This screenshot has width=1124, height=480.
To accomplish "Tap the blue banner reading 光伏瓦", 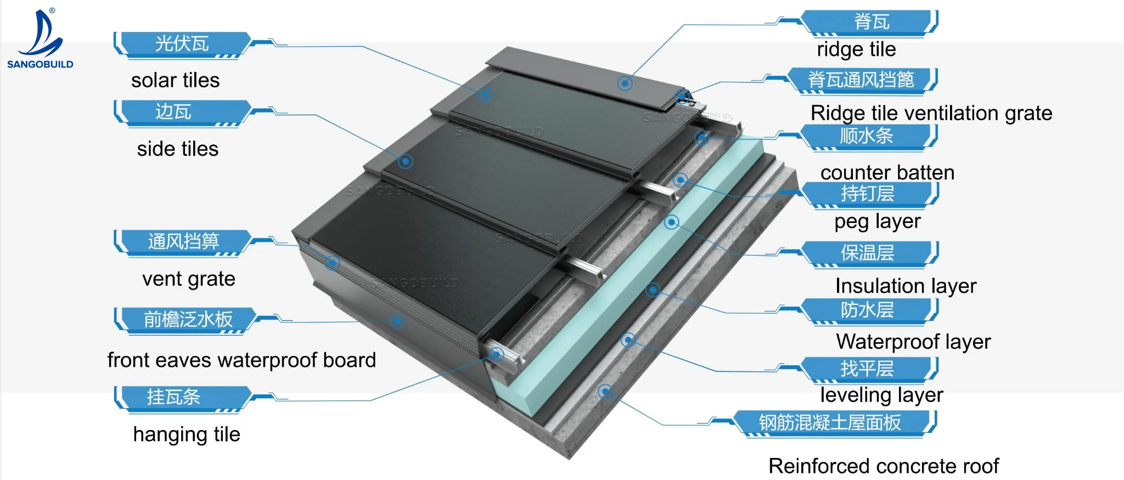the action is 182,44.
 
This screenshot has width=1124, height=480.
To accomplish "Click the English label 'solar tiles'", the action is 175,80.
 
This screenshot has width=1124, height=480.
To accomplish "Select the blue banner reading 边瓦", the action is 174,112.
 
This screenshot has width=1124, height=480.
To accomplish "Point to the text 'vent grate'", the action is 188,279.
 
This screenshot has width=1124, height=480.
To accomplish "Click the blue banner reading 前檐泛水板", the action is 188,319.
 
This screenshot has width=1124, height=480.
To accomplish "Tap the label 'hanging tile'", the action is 187,434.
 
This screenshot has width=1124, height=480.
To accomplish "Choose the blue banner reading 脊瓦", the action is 872,22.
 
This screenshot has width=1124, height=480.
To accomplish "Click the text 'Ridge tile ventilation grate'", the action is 931,113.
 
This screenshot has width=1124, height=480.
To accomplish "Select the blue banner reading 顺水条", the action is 867,136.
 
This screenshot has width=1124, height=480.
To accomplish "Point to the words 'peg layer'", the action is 877,221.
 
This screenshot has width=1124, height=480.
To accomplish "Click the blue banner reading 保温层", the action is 867,253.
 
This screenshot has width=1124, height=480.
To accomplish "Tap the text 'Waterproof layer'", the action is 913,342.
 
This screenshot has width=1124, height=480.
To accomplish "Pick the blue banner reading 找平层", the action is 867,369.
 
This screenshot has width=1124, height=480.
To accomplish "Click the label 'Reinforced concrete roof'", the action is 884,466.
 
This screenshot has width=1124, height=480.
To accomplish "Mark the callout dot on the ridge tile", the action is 625,83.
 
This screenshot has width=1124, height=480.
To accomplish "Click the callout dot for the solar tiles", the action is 485,95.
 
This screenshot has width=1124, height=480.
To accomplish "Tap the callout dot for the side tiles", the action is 406,161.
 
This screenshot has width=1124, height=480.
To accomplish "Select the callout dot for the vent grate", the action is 332,263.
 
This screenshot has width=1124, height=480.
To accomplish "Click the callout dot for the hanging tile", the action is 496,354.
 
